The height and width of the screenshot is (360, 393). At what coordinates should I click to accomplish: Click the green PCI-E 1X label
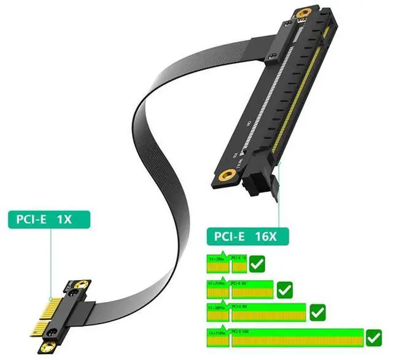pos(49,218)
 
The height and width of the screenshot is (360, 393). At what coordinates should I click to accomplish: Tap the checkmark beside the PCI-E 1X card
pos(258,265)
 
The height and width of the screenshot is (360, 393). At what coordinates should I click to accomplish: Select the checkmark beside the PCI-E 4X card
pos(284,289)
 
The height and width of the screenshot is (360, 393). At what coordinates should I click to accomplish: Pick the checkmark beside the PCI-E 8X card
pos(317,313)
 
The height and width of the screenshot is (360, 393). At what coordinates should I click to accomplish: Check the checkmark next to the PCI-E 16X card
pos(373,337)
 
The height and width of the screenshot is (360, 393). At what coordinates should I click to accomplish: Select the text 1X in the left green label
pos(64,218)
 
